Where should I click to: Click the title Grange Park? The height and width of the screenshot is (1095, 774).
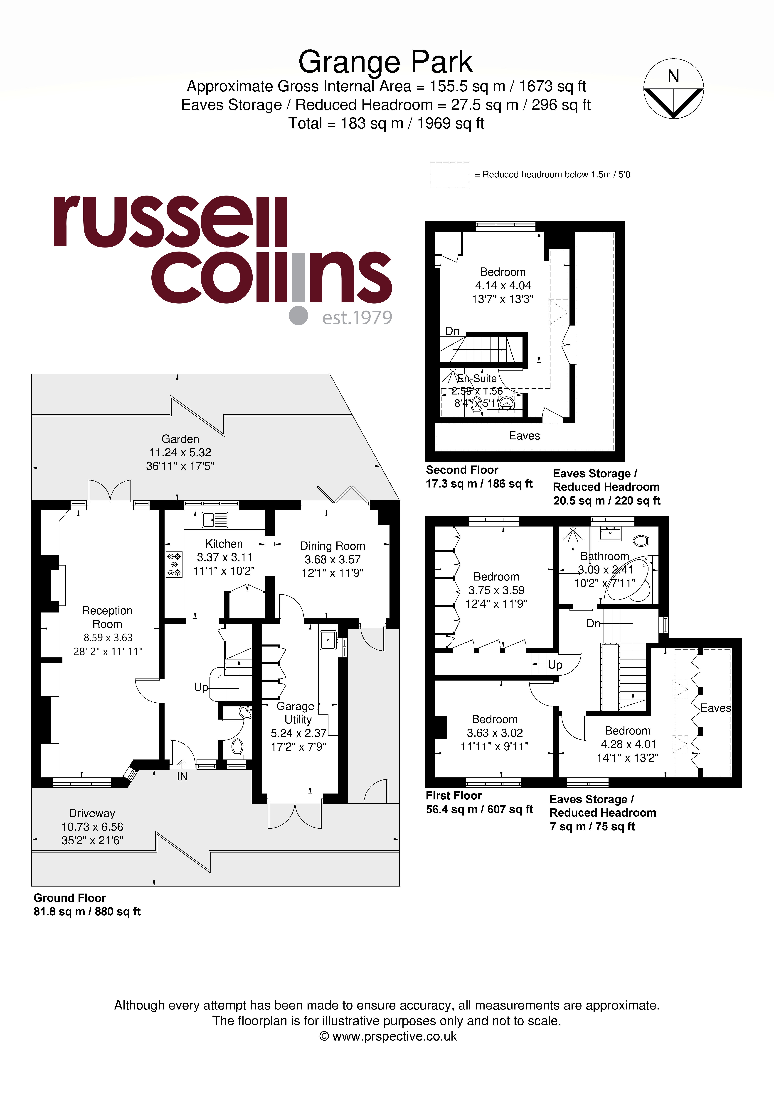386,62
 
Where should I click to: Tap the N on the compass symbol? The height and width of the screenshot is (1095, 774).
673,76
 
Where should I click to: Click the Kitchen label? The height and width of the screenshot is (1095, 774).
224,544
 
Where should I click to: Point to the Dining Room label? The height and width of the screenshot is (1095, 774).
333,546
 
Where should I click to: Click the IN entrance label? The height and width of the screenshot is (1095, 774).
182,776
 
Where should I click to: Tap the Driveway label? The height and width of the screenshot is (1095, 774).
92,813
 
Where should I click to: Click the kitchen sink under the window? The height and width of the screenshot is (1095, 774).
215,520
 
